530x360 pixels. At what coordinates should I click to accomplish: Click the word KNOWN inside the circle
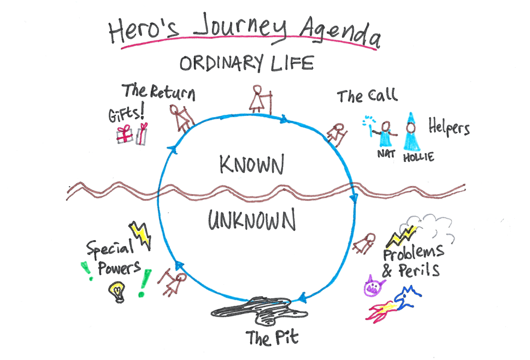point(251,164)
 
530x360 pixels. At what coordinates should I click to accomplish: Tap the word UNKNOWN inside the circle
point(252,219)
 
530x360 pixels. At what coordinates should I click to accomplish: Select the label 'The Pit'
point(272,337)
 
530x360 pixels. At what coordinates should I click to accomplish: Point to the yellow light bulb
point(117,291)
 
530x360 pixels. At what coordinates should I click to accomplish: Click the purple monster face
point(374,286)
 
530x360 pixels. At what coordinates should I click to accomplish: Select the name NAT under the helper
point(386,154)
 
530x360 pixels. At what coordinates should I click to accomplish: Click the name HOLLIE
point(418,157)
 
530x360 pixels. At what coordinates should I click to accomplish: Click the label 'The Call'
point(367,96)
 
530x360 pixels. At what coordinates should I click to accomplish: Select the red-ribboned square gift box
point(124,134)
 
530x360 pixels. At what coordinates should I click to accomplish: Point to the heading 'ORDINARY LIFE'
point(246,63)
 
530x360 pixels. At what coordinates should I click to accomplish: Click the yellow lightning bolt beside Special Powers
point(141,235)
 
